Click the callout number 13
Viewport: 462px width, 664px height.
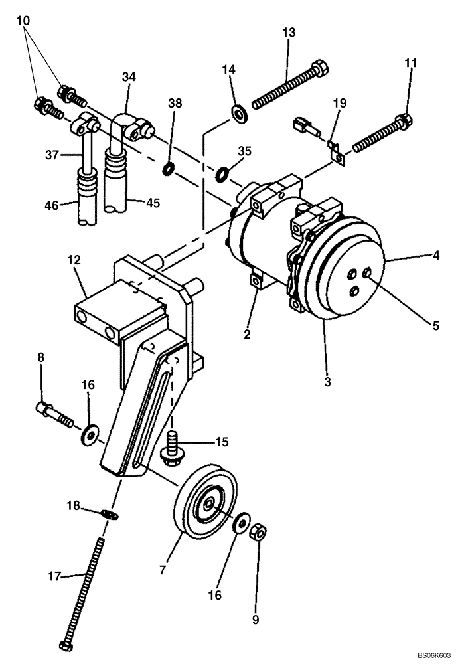[x=289, y=32]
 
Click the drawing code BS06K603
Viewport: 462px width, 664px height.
[x=434, y=655]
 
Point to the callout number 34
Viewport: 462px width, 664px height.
[x=129, y=77]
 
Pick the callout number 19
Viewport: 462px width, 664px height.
[x=340, y=104]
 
